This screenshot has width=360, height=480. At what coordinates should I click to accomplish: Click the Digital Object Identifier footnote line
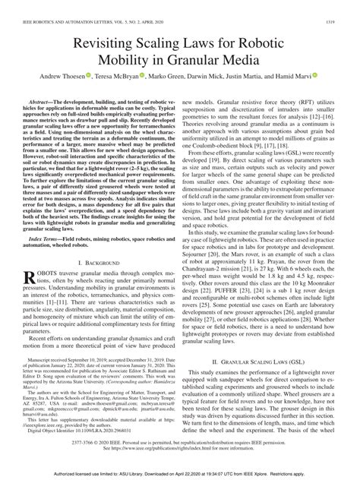click(76, 430)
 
